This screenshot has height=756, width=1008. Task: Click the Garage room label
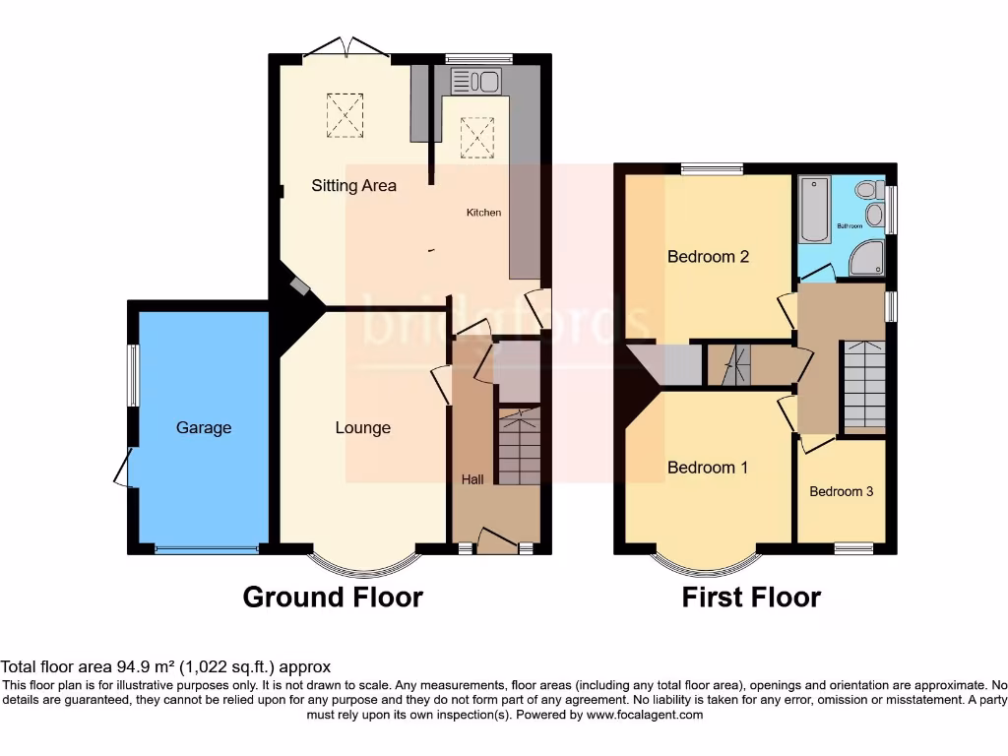(204, 427)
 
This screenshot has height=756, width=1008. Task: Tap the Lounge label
(362, 427)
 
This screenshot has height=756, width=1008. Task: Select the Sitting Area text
(354, 185)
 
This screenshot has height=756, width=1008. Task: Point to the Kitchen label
(483, 213)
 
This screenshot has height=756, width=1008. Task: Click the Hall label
(472, 479)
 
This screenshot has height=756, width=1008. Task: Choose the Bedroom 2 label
(708, 257)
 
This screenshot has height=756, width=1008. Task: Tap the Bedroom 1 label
(707, 468)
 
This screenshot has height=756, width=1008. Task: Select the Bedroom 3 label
(841, 491)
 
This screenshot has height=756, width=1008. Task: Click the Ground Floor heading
(333, 597)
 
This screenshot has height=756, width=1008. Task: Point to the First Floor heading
(751, 597)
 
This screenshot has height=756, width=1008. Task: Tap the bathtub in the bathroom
(815, 209)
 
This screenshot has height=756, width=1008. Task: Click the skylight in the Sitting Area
(345, 114)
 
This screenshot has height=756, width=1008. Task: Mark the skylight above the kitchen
(477, 137)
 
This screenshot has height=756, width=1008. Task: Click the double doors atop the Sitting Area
(344, 49)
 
